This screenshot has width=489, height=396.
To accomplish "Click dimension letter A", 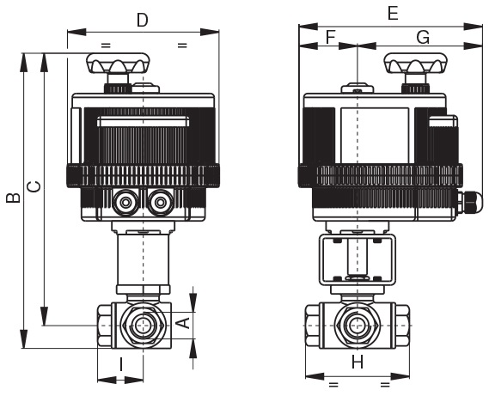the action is tap(186, 322).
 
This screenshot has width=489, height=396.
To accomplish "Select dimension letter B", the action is tap(14, 198).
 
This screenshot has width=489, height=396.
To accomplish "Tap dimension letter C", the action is tap(34, 186).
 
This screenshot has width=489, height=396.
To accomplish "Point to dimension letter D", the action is tap(143, 21).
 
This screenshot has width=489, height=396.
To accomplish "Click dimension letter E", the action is tap(393, 14).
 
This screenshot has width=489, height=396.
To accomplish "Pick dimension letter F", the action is tap(330, 37).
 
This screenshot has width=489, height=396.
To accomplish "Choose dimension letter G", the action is tap(423, 38).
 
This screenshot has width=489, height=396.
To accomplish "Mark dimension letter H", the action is tap(358, 362).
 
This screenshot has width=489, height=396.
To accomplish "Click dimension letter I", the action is tap(121, 364).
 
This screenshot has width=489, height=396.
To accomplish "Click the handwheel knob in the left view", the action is tap(119, 64).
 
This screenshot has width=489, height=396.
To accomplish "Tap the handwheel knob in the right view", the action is tap(415, 64).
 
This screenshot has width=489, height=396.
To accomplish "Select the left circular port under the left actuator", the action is tap(125, 203).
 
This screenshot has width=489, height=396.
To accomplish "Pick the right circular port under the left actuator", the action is tap(161, 203).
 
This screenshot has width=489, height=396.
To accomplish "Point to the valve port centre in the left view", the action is tap(144, 326).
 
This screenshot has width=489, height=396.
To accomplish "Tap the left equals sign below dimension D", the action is tap(106, 46).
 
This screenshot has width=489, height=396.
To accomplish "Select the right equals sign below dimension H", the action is tap(385, 384).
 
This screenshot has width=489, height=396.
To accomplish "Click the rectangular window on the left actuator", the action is tap(144, 121).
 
